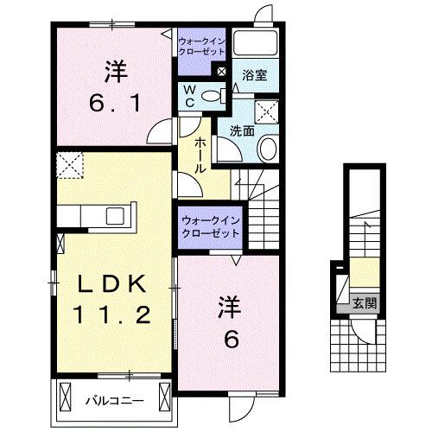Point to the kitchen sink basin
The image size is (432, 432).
116,216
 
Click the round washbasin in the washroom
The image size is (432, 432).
267,149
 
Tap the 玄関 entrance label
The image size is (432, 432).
364,302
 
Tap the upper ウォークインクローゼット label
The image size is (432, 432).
200,46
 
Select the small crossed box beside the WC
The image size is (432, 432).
222,72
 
